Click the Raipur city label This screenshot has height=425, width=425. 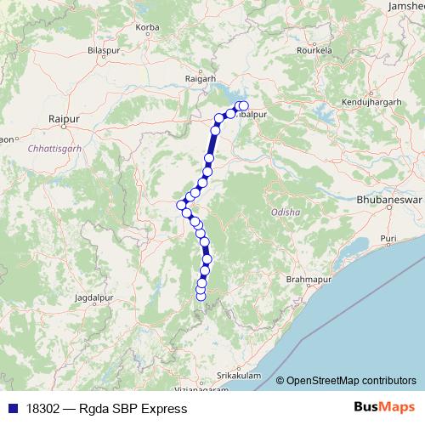click(x=64, y=120)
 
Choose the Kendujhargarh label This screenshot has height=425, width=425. click(x=370, y=102)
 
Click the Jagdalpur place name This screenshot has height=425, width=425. click(x=93, y=299)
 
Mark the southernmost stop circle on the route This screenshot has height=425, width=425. click(x=201, y=297)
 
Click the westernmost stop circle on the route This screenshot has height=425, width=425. click(x=181, y=205)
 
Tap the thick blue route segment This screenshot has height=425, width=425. click(x=212, y=145)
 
